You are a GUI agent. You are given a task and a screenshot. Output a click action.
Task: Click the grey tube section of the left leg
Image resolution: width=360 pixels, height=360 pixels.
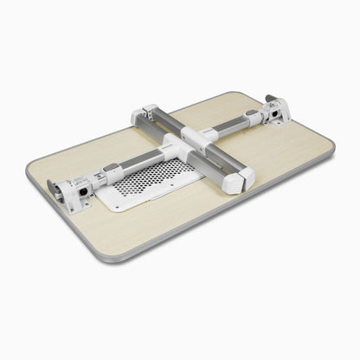(x=138, y=158)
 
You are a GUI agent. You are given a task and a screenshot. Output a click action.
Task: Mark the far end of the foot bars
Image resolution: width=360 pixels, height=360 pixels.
(x=150, y=112)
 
